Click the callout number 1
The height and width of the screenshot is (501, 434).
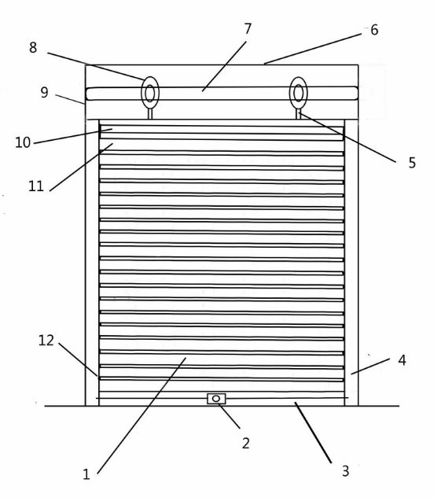coord(86,474)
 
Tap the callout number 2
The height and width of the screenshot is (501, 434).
coord(245,443)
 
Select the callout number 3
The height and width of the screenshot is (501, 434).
coord(345,471)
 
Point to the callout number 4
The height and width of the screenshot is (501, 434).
coord(402,360)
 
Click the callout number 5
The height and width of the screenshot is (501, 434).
coord(412,163)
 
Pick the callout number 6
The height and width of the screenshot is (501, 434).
coord(374,30)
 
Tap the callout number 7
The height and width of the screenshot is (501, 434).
coord(248,29)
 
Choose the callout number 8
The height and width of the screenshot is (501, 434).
coord(33,48)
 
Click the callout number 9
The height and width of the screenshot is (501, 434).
coord(44,92)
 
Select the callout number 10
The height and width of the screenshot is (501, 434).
coord(23,142)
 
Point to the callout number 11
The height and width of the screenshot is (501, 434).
coord(35,186)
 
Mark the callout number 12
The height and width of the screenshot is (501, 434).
coord(46,341)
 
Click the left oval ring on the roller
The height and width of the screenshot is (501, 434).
coord(142,93)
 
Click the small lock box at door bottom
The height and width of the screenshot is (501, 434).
coord(216,399)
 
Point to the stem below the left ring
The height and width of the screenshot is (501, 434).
coord(149,114)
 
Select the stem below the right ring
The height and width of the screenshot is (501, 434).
coord(298,114)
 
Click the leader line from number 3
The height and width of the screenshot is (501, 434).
coord(313,433)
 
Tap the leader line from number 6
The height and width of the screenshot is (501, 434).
coord(313,49)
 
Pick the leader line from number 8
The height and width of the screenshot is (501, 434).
coord(96,66)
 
